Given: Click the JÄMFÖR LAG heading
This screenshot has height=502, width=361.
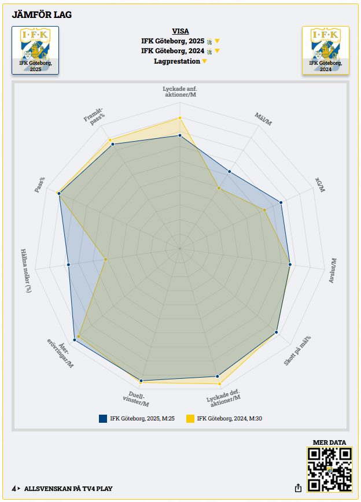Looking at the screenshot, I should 42,14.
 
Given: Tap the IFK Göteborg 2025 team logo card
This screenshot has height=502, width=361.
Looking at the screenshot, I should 35,50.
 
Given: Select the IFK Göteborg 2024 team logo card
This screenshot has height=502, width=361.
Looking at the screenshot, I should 326,50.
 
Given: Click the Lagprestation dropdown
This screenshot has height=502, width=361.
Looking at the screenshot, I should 181,61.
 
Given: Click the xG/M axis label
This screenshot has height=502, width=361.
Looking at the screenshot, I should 320,184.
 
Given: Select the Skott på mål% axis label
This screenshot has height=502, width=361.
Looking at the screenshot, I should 297,350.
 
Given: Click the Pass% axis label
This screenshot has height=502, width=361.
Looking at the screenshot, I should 39,184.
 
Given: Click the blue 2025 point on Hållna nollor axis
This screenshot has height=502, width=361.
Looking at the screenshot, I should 69,264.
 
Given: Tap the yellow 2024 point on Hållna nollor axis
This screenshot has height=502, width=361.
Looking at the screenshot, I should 106,259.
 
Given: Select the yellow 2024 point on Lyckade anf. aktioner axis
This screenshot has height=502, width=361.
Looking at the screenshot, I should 180,118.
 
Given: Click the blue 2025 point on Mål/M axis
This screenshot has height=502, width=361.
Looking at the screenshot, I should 230,171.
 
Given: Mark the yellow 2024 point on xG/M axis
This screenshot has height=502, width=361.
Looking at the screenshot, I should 264,210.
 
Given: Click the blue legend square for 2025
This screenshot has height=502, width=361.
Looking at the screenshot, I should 103,418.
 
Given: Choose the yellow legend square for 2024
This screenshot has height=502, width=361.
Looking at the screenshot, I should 190,418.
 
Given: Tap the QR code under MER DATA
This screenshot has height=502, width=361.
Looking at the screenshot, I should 329,470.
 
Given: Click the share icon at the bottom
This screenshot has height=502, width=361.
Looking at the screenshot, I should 298,488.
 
